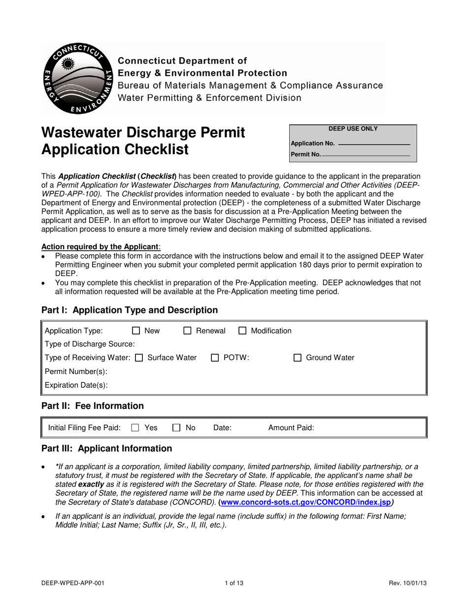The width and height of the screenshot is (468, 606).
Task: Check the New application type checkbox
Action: click(x=137, y=331)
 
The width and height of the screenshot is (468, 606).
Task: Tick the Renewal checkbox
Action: click(x=187, y=331)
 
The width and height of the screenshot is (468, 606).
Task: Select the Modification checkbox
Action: click(x=242, y=331)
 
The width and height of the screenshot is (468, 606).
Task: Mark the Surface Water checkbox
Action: click(x=139, y=358)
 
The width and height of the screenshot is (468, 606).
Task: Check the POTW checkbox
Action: click(x=215, y=358)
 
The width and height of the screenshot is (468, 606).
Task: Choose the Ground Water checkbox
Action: click(x=298, y=358)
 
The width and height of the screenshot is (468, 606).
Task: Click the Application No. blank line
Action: click(x=374, y=144)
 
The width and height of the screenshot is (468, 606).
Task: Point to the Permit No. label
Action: click(x=305, y=155)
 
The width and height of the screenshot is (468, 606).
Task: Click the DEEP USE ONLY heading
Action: click(x=353, y=129)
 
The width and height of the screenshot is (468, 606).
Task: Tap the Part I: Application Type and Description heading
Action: click(x=130, y=310)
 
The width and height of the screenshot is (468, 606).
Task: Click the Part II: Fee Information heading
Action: click(x=93, y=406)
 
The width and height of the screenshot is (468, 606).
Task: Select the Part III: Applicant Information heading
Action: click(x=107, y=448)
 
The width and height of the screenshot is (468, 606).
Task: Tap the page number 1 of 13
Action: click(x=234, y=583)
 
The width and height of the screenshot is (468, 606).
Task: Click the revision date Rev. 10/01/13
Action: click(x=407, y=583)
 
